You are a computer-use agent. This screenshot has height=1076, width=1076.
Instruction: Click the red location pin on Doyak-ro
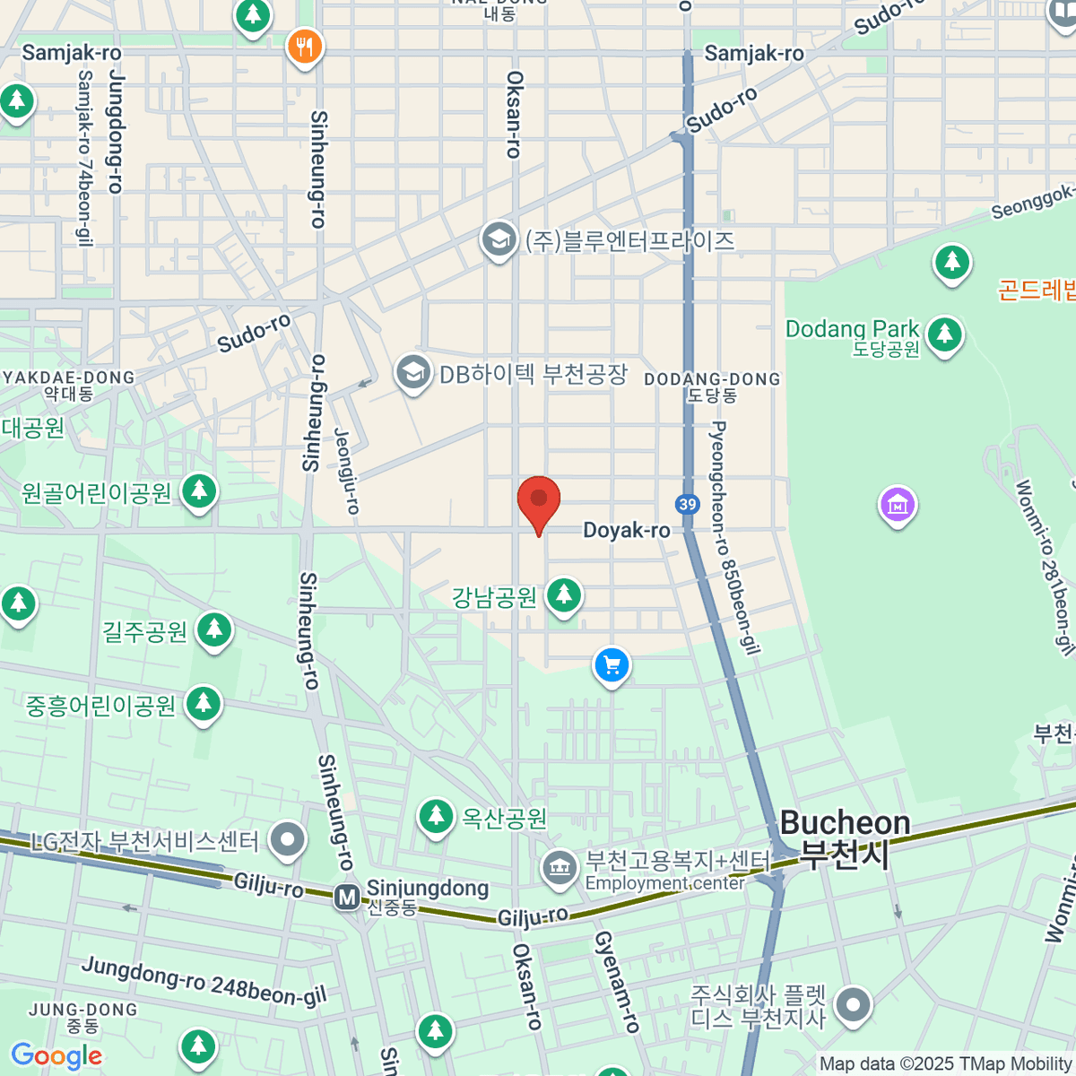539,500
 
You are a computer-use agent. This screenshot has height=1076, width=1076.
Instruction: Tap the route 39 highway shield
688,504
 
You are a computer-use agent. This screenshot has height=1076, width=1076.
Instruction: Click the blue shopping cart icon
612,665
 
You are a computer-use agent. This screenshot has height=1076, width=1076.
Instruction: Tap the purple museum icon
898,505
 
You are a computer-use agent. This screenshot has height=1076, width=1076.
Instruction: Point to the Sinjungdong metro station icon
347,896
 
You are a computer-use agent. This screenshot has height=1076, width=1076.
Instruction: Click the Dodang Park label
852,329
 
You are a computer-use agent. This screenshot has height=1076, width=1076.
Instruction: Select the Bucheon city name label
845,837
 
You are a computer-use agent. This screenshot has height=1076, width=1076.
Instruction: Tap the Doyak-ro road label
626,530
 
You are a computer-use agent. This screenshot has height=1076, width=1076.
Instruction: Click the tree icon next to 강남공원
564,594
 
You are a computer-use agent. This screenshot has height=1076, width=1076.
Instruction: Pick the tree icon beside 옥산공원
436,816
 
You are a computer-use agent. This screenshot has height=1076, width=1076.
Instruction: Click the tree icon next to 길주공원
213,629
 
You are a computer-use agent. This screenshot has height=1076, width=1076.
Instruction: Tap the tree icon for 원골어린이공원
199,491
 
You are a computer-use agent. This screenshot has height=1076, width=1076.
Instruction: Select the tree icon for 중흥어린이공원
204,704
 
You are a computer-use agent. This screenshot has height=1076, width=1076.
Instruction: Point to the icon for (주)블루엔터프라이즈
499,239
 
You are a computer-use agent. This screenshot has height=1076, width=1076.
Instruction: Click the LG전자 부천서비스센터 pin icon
288,840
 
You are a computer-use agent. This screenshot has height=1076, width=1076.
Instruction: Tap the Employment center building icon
560,868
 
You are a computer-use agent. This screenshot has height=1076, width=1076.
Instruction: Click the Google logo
56,1056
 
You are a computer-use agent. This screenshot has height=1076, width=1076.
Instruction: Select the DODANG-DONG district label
712,379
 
